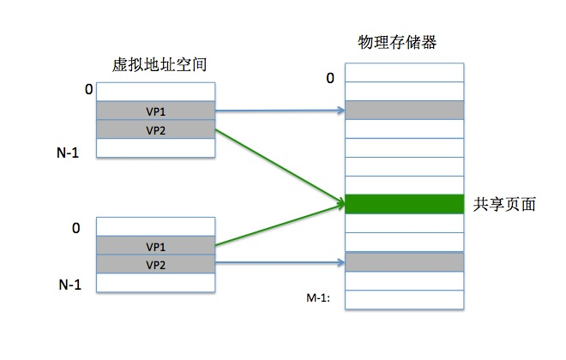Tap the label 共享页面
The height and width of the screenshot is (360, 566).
point(505,205)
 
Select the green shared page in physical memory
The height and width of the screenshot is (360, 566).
point(403,204)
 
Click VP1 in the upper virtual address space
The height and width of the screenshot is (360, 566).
point(154,111)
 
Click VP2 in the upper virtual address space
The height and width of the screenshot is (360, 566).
point(154,129)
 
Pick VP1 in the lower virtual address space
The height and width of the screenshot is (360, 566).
point(154,246)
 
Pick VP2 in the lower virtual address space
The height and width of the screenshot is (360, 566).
point(154,265)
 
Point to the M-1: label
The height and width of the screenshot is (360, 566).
point(319,298)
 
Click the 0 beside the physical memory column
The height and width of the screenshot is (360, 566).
point(329,79)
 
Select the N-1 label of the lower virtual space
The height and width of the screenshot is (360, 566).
point(69,284)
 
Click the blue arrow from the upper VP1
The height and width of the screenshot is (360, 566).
point(279,111)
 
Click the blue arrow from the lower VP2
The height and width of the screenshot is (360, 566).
point(279,264)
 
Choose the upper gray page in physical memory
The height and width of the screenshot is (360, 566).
point(403,110)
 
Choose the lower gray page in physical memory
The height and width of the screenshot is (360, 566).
point(403,261)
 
